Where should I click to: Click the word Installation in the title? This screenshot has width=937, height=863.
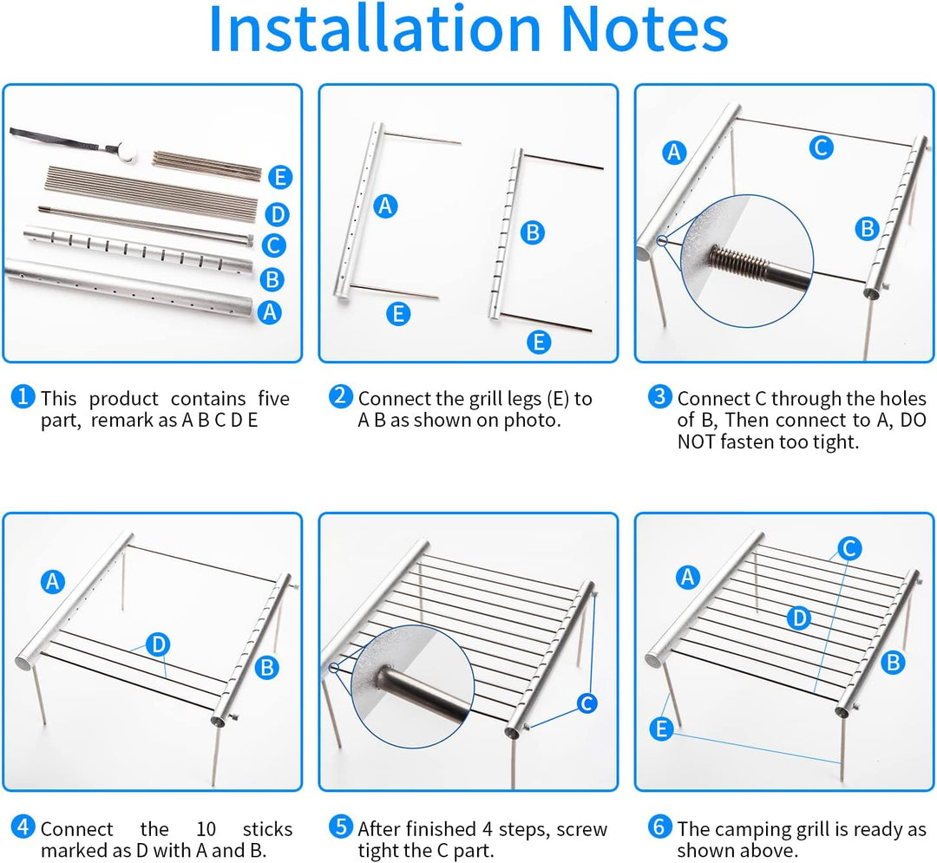click(x=375, y=29)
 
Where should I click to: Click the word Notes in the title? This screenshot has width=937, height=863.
click(x=645, y=29)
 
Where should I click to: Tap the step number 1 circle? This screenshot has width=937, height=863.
click(x=23, y=396)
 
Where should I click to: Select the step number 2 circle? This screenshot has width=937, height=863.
click(x=341, y=396)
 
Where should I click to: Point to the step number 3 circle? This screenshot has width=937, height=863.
click(x=659, y=396)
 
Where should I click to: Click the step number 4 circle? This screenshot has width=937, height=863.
click(x=23, y=827)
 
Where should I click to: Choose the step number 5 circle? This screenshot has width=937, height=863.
click(x=341, y=827)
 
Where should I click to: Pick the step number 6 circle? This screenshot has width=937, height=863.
click(x=659, y=827)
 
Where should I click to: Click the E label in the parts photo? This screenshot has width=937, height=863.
click(x=279, y=178)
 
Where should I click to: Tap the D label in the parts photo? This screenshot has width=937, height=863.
click(x=277, y=214)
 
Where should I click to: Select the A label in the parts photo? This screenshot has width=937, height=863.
click(x=270, y=311)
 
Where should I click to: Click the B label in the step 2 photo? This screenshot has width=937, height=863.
click(x=533, y=232)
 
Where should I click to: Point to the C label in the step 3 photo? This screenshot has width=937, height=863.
click(x=821, y=147)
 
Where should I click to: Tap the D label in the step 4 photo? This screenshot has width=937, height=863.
click(x=159, y=644)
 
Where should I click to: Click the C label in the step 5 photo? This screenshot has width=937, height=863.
click(x=586, y=703)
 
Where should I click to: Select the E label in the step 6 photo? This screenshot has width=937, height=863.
click(x=661, y=729)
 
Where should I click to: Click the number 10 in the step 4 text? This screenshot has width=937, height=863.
click(x=206, y=829)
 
